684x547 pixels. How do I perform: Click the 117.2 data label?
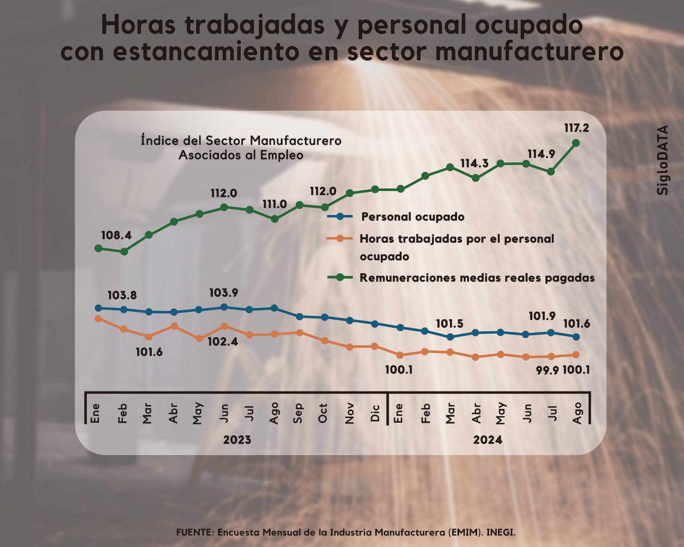(576, 128)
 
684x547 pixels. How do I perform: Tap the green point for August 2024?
(576, 143)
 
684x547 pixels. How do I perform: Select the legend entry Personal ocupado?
(413, 217)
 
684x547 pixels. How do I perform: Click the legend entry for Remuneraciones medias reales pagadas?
(477, 278)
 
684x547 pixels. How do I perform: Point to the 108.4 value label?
(116, 235)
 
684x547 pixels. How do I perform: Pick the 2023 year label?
(237, 440)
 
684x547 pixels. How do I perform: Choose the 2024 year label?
(487, 440)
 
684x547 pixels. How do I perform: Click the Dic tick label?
(375, 413)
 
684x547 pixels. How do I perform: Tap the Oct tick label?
(323, 413)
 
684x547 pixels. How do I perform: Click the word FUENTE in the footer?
(195, 532)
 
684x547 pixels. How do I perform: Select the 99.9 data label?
(547, 370)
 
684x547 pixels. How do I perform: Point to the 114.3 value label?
(474, 163)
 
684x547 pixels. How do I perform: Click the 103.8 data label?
(122, 295)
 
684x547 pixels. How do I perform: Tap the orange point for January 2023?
(98, 318)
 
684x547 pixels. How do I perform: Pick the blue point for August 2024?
(576, 337)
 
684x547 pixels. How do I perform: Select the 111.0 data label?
(274, 204)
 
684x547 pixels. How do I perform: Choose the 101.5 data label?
(449, 324)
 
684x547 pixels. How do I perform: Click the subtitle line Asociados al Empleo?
(241, 155)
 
